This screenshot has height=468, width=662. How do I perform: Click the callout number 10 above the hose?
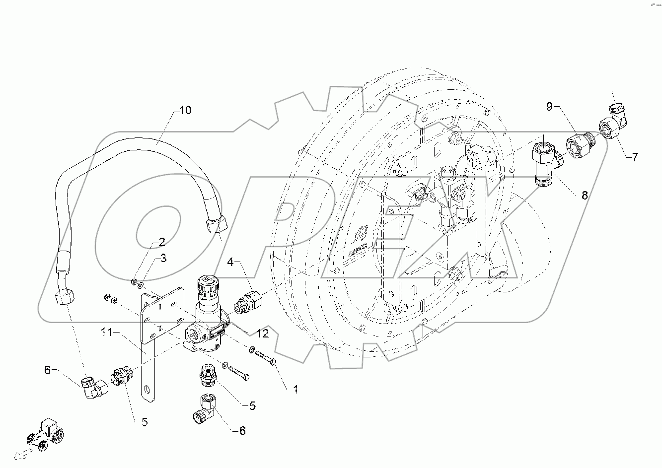click(184, 110)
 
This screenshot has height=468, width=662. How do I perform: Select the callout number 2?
click(161, 242)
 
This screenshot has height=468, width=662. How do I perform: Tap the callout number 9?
click(549, 106)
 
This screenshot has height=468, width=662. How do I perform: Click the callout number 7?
click(635, 157)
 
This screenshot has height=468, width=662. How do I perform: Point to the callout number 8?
click(584, 195)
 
